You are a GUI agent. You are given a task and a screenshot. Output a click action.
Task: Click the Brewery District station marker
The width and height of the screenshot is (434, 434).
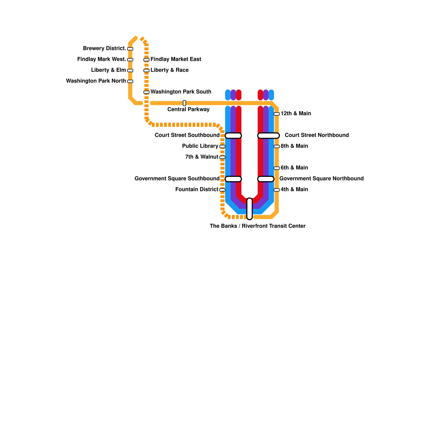pyautogui.click(x=130, y=49)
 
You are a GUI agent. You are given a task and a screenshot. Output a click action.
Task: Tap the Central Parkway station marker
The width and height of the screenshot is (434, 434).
pyautogui.click(x=184, y=103)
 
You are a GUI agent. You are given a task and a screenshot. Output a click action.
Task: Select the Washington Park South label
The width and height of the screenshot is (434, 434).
pyautogui.click(x=181, y=92)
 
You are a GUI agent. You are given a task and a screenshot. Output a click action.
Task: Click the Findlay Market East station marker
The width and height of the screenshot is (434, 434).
pyautogui.click(x=146, y=60)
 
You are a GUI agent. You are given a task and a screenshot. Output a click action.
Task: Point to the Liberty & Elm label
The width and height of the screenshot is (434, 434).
pyautogui.click(x=108, y=70)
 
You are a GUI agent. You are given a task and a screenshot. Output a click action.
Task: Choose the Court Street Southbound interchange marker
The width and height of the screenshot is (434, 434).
pyautogui.click(x=233, y=136)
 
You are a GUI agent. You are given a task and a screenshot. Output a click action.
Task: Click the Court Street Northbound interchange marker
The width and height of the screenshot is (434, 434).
pyautogui.click(x=269, y=136)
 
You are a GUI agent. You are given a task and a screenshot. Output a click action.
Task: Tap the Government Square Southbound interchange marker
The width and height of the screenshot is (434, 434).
pyautogui.click(x=233, y=179)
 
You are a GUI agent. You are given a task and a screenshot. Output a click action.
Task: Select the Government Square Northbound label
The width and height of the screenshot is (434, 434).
pyautogui.click(x=321, y=178)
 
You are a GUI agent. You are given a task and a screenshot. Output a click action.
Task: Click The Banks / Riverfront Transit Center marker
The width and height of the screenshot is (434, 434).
pyautogui.click(x=250, y=209)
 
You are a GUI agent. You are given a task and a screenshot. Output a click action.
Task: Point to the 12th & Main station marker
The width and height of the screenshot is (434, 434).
pyautogui.click(x=277, y=114)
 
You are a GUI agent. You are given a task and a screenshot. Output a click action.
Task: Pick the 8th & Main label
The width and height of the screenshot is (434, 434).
pyautogui.click(x=294, y=146)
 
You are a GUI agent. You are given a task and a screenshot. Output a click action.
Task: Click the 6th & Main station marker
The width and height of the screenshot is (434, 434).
pyautogui.click(x=277, y=168)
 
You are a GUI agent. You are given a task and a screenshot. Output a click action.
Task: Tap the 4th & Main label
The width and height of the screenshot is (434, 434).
pyautogui.click(x=294, y=189)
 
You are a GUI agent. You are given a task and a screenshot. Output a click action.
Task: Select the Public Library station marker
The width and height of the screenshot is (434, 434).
pyautogui.click(x=222, y=146)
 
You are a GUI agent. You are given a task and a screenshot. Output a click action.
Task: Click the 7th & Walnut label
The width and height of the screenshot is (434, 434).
pyautogui.click(x=202, y=157)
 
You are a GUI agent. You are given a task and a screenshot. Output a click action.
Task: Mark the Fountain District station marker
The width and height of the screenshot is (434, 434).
pyautogui.click(x=222, y=190)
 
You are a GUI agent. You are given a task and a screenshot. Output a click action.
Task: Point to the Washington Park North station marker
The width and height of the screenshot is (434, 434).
pyautogui.click(x=130, y=81)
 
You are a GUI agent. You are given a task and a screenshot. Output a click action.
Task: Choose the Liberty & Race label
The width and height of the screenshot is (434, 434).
pyautogui.click(x=170, y=70)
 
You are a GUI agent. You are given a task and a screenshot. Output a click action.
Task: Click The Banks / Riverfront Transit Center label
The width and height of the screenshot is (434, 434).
pyautogui.click(x=258, y=226)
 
